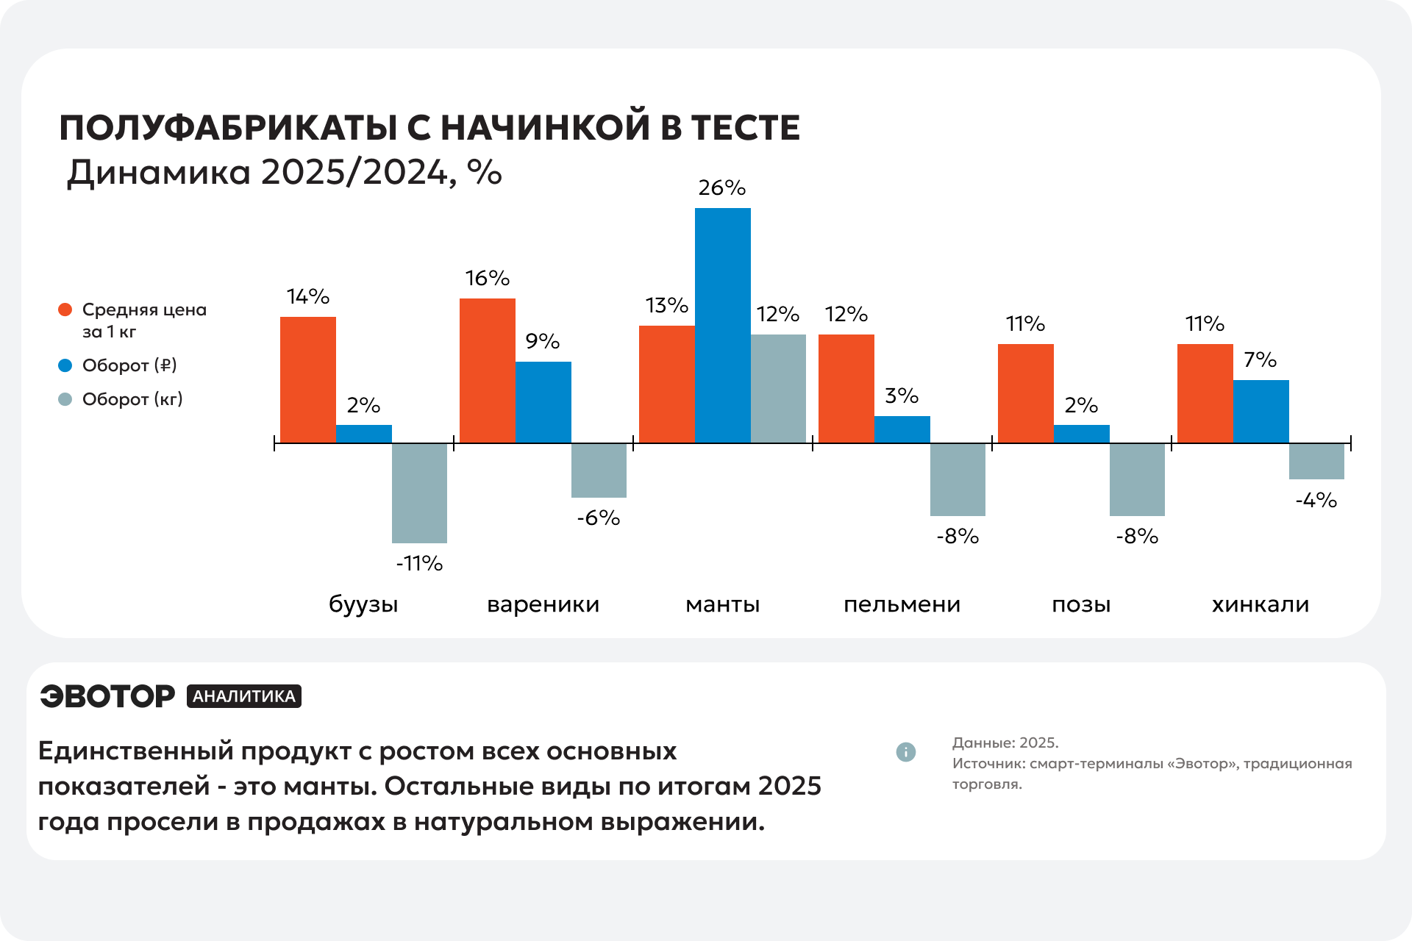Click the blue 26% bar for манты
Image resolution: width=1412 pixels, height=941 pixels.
(723, 325)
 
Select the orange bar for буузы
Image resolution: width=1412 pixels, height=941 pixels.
(308, 379)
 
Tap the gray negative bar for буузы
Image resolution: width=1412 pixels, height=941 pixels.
(419, 493)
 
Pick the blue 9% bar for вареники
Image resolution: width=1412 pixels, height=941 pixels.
(543, 402)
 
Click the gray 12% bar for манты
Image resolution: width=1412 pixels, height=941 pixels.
(778, 388)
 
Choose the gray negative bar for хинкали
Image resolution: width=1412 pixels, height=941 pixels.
(1316, 461)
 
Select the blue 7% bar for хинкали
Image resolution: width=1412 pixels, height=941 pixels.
(1261, 411)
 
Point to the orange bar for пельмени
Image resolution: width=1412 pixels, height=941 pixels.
(846, 388)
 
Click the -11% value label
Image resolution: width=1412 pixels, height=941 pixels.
(419, 563)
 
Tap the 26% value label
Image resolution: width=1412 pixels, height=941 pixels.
(722, 187)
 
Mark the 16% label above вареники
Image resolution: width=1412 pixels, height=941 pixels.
(488, 278)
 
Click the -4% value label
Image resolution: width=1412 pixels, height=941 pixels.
(1316, 500)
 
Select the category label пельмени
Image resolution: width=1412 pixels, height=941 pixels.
(902, 604)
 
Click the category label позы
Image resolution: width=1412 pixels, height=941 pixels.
(1081, 604)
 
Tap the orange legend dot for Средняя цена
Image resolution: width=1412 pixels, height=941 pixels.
(65, 310)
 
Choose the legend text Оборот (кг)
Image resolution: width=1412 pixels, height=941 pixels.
(132, 399)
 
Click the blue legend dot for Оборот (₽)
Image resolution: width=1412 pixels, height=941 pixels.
(65, 365)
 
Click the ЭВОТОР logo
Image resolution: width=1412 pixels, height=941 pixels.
(107, 696)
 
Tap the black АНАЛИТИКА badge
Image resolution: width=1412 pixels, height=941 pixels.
(244, 696)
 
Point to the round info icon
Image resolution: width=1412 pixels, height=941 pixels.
(906, 752)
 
